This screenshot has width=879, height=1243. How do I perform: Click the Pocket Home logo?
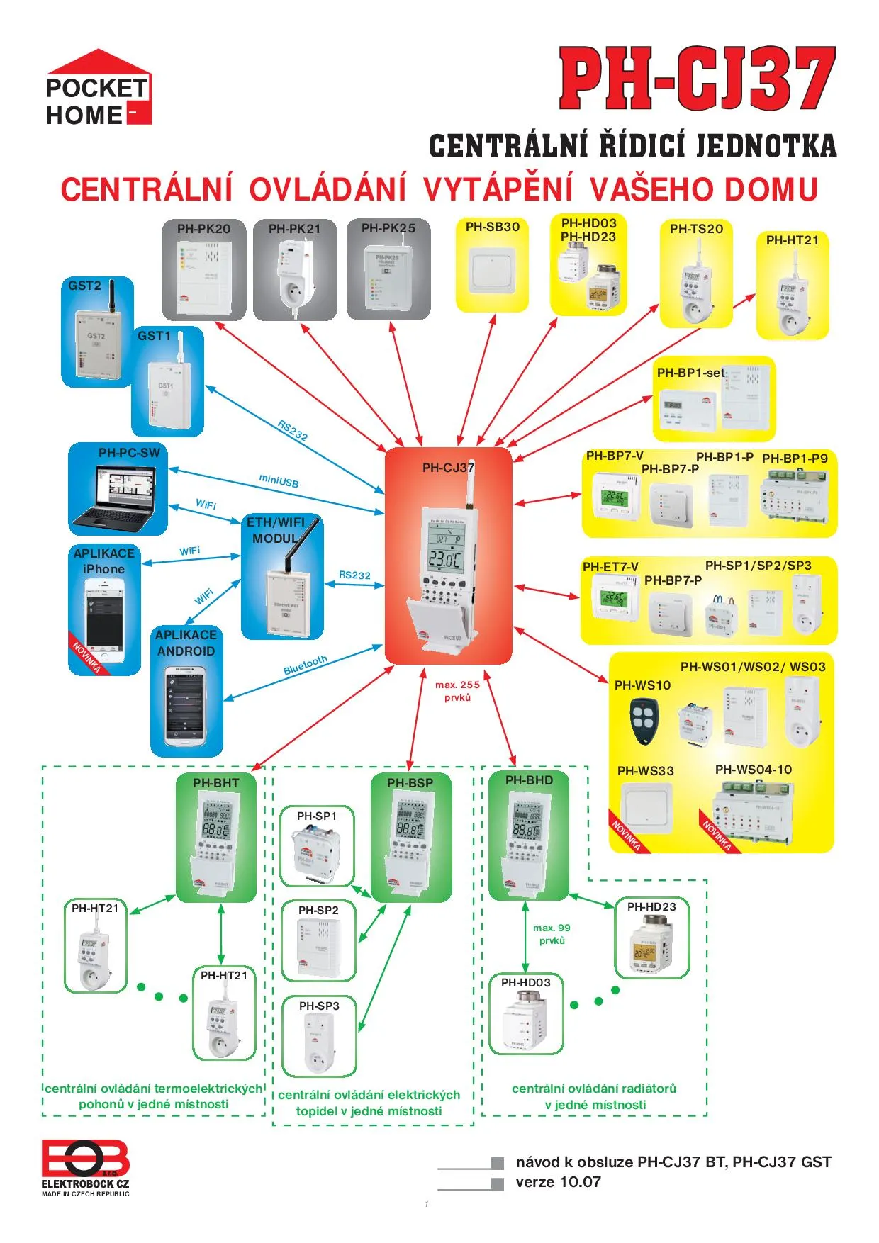tap(99, 89)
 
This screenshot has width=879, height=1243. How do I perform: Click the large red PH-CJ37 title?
tap(697, 79)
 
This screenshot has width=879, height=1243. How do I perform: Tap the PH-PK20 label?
tap(203, 229)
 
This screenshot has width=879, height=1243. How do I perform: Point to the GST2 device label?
tap(84, 286)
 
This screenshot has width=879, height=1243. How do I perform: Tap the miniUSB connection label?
tap(279, 481)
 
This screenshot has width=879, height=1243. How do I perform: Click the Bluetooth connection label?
tap(305, 665)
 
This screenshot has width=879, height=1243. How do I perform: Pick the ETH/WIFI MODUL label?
tap(276, 530)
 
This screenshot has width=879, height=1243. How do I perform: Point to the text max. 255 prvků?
tap(457, 691)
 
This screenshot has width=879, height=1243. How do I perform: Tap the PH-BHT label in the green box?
tap(215, 783)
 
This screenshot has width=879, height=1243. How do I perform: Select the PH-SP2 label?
tap(318, 910)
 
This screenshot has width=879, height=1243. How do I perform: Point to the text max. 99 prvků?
tap(552, 934)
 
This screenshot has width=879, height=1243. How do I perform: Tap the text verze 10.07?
tap(558, 1182)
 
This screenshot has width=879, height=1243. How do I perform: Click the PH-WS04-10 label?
tap(753, 770)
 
